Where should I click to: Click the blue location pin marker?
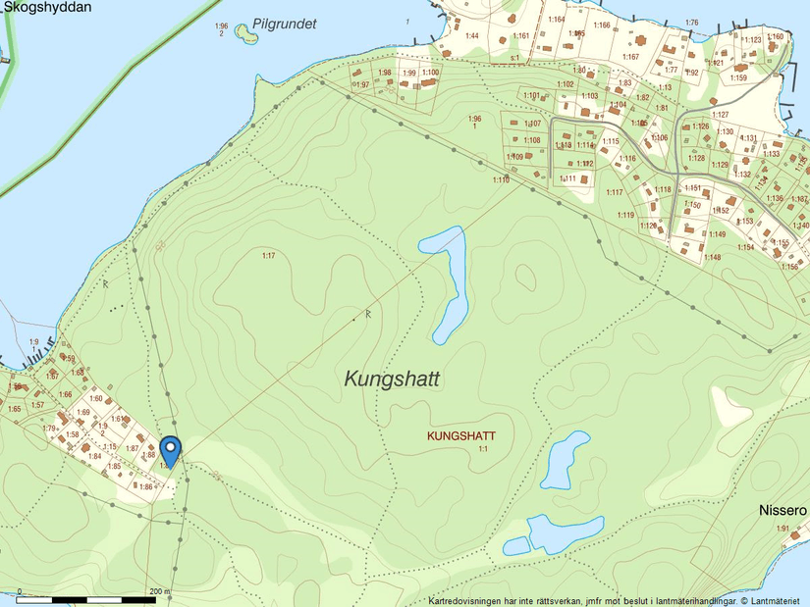coord(171,450)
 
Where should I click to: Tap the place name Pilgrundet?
coord(284,25)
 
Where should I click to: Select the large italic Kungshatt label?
coord(393,379)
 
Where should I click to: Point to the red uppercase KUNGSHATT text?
coord(461,435)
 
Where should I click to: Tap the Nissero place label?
coord(783,511)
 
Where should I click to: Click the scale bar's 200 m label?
coord(158,591)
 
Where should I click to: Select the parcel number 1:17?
coord(268,256)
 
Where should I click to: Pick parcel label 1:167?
coord(630,57)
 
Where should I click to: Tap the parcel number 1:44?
coord(471,36)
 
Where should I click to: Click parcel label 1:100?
coord(430,73)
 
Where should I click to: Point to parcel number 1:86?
coord(145,486)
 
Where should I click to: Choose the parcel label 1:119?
coord(626,215)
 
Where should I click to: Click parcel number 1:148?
coord(712,257)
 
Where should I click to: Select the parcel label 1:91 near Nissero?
coord(783,530)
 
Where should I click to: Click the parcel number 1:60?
coord(96,398)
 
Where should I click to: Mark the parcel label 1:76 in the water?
coord(691,23)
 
